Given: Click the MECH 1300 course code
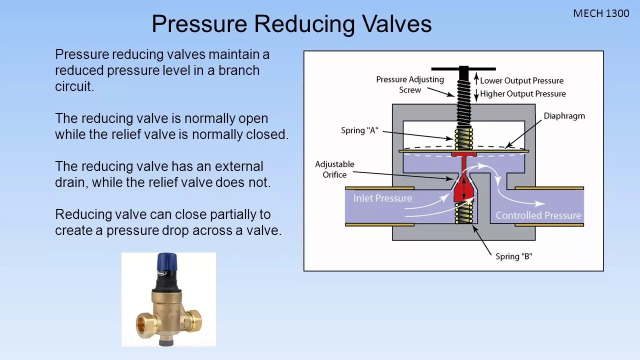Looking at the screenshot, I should tap(601, 13).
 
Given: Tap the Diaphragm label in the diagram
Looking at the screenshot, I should tap(564, 116).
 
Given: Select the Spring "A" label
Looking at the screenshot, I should tap(359, 130).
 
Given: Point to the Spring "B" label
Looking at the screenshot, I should tap(513, 256).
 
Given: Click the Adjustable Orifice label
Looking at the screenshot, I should tap(334, 169).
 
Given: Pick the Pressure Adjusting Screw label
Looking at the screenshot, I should tap(409, 84).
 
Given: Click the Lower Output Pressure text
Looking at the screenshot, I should tap(521, 81).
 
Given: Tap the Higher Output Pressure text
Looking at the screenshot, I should tap(523, 94).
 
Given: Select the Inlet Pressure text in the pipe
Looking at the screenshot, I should tap(382, 198).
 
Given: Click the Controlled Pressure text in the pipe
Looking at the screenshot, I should tap(538, 215).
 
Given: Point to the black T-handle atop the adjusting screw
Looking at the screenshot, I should tap(463, 69).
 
